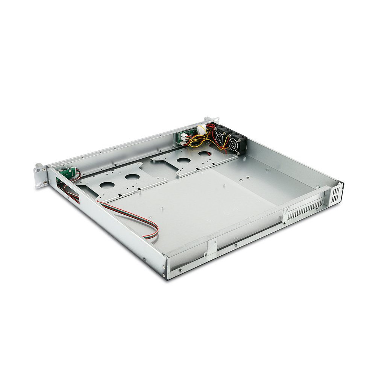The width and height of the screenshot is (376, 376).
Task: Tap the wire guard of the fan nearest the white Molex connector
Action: tap(221, 136)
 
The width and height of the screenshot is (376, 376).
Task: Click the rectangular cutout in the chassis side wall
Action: tap(68, 188)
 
